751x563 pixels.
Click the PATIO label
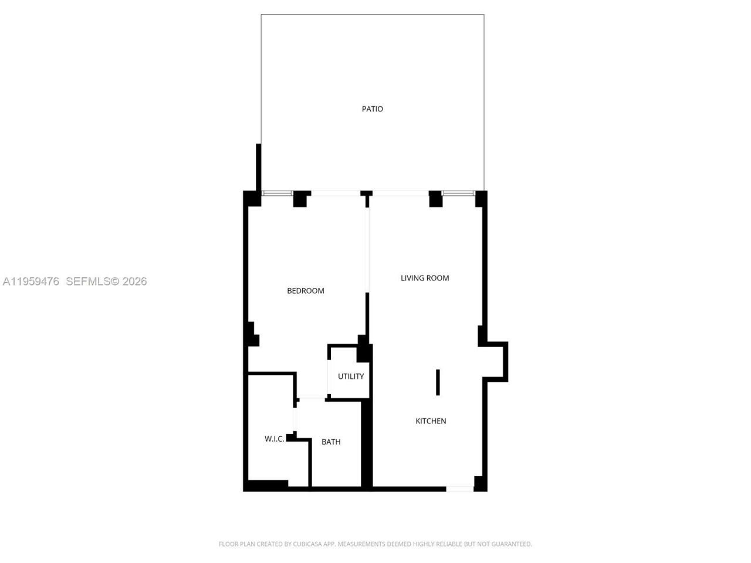372,109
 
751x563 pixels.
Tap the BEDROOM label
305,291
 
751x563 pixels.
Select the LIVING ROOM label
425,278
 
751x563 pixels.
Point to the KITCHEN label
431,421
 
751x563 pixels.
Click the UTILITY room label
351,377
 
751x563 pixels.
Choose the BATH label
331,442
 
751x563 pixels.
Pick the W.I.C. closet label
274,439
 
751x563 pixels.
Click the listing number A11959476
31,281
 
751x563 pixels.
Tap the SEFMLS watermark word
88,281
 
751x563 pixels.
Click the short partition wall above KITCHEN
438,382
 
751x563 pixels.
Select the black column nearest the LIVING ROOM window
435,199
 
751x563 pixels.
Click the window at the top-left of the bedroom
277,193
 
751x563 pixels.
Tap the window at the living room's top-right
458,193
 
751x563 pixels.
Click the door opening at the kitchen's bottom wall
459,489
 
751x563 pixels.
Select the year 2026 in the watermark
134,281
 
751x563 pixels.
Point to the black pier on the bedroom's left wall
253,335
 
